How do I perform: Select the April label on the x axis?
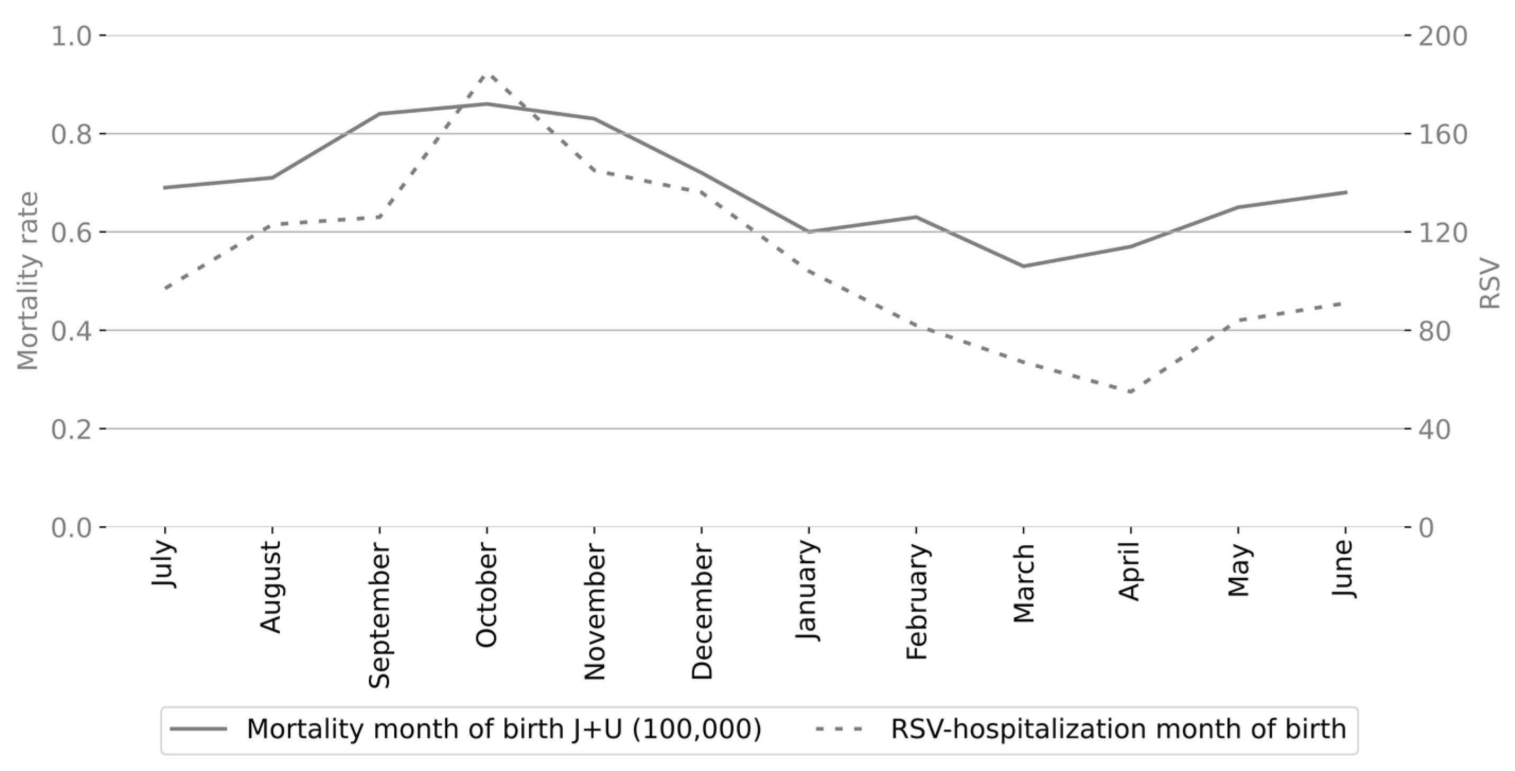pyautogui.click(x=1130, y=572)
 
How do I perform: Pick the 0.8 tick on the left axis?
pyautogui.click(x=71, y=135)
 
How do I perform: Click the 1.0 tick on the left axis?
pyautogui.click(x=71, y=37)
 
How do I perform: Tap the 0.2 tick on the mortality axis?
pyautogui.click(x=71, y=429)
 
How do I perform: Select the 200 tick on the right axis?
pyautogui.click(x=1442, y=37)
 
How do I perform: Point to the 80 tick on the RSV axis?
pyautogui.click(x=1436, y=331)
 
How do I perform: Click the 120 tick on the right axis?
pyautogui.click(x=1442, y=233)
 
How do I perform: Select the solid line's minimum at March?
pyautogui.click(x=1023, y=267)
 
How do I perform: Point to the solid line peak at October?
pyautogui.click(x=487, y=104)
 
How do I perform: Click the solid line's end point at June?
pyautogui.click(x=1345, y=192)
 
